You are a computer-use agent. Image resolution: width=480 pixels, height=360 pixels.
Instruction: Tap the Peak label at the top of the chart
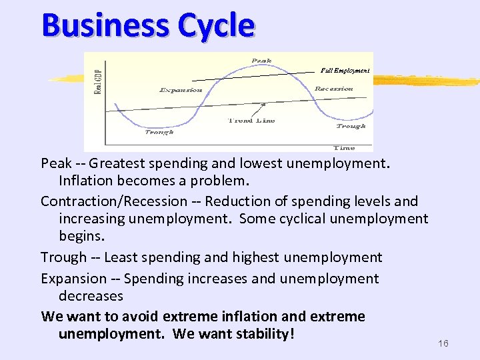(261, 61)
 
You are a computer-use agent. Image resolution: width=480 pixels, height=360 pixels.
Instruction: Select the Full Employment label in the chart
(345, 69)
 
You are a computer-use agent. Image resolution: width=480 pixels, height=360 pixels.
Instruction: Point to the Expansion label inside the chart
(181, 90)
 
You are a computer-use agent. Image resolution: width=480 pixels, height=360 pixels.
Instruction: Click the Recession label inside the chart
(333, 88)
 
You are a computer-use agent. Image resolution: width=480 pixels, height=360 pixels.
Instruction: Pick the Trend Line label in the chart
(251, 121)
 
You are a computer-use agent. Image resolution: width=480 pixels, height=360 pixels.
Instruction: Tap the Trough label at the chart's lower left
(159, 131)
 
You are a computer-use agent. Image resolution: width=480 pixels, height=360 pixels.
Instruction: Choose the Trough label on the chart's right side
(351, 125)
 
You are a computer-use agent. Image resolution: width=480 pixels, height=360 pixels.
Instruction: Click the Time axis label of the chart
(344, 147)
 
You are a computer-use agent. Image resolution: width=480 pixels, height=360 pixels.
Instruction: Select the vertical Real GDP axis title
(98, 79)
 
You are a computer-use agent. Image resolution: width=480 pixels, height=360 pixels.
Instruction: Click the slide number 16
(443, 343)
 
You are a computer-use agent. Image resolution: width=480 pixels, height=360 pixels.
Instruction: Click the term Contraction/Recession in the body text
(114, 201)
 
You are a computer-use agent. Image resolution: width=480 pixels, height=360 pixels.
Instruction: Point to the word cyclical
(306, 219)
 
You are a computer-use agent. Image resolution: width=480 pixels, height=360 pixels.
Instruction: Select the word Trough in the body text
(62, 257)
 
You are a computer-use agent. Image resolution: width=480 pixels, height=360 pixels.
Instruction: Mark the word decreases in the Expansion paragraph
(91, 295)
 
